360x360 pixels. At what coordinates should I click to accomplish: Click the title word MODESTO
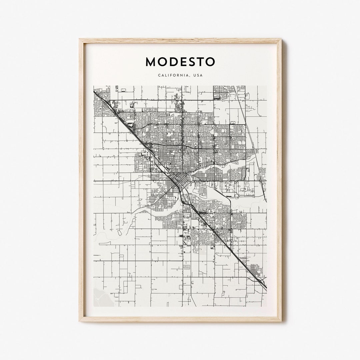point(180,62)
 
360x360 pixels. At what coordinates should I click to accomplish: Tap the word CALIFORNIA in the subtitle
point(173,75)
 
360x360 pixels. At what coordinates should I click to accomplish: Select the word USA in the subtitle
point(197,75)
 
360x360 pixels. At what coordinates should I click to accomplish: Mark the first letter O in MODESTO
point(162,62)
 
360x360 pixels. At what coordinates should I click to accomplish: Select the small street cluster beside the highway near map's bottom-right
point(254,269)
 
